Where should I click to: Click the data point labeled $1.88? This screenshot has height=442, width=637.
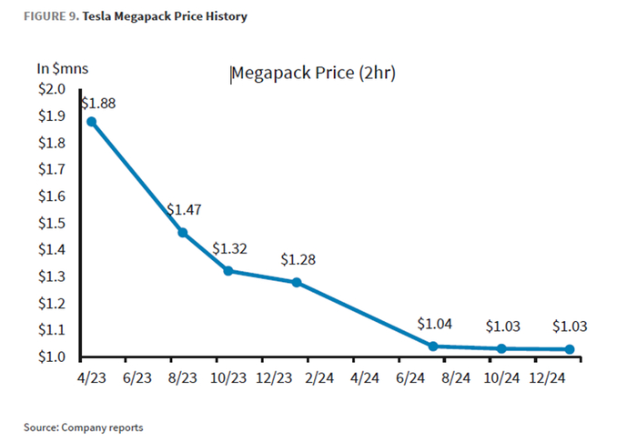coord(91,121)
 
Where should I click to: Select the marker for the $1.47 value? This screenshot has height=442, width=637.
coord(183,232)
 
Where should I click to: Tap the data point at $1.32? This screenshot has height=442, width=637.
coord(228,270)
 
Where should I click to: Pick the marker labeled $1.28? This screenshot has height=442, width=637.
coord(297,282)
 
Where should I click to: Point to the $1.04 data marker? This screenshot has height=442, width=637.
coord(433,346)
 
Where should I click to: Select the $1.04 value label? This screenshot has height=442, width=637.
coord(434,324)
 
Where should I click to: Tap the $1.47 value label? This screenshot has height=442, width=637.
coord(184,209)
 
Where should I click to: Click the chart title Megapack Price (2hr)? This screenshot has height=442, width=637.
coord(312,73)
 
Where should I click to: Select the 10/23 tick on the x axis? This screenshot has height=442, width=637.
coord(228,377)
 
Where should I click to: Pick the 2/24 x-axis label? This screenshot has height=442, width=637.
coord(319,377)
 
